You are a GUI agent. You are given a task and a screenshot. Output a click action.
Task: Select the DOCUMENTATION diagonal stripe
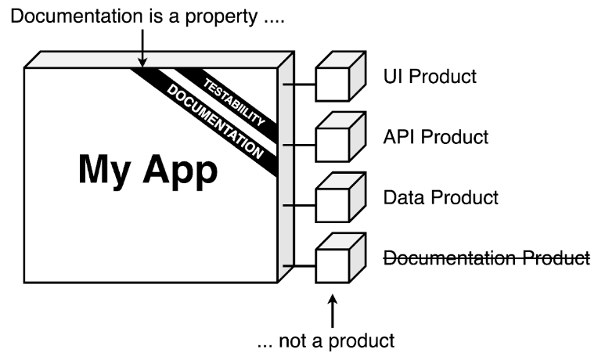click(x=212, y=117)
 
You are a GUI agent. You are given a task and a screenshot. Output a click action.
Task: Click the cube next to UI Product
click(x=338, y=78)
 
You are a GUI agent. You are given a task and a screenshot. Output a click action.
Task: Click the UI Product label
click(x=430, y=77)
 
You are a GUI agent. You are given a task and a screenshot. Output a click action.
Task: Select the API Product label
click(x=435, y=137)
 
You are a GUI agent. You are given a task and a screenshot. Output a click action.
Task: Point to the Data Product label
click(x=440, y=197)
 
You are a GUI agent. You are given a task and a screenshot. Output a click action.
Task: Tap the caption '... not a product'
click(x=326, y=341)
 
